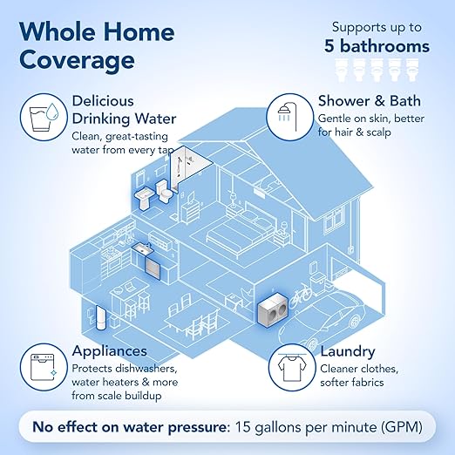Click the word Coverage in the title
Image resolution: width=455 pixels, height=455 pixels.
point(77,61)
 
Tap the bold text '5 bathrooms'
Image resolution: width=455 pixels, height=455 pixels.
point(378,45)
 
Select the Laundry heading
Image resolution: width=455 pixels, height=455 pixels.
point(347,352)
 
